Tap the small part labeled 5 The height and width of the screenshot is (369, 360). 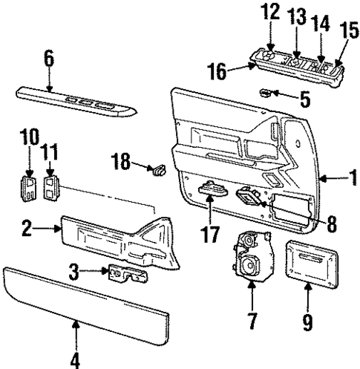click(264, 93)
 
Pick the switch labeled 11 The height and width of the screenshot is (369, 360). click(52, 189)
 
